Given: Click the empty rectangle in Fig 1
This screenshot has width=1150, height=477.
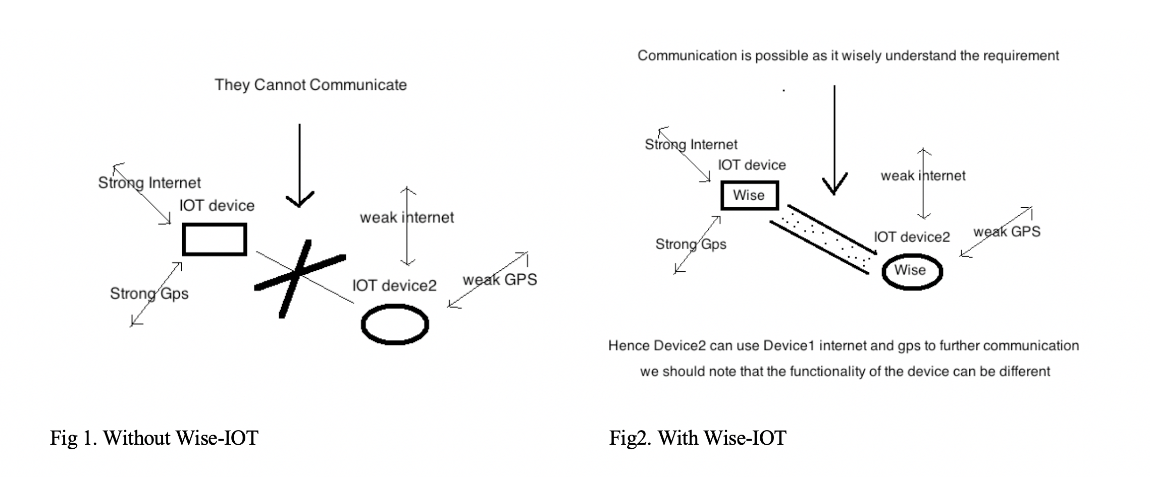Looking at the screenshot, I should click(215, 240).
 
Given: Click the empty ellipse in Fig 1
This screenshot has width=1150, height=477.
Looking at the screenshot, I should click(395, 324).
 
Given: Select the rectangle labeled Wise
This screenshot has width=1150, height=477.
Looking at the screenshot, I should click(750, 195).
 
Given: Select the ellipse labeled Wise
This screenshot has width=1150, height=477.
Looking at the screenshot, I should click(912, 271).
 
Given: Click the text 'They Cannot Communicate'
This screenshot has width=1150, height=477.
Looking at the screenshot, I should click(310, 85).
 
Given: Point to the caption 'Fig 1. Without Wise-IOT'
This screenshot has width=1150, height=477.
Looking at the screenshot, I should click(154, 438).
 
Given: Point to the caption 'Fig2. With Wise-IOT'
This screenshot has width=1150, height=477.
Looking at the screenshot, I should click(698, 438).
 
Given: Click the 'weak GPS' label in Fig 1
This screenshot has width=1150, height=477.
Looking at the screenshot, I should click(500, 280).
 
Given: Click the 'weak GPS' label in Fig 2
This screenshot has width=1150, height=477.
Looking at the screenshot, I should click(1007, 232).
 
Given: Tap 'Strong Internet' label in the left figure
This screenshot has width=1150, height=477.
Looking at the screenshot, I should click(149, 183).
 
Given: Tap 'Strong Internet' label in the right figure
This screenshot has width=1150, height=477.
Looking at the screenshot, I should click(691, 145).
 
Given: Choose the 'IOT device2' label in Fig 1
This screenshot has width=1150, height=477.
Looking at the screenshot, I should click(394, 286).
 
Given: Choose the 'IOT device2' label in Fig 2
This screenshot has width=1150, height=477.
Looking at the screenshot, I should click(912, 237).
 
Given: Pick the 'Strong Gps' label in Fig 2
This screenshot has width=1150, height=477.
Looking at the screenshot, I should click(691, 244).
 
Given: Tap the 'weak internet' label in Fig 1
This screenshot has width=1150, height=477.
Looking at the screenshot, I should click(407, 218).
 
